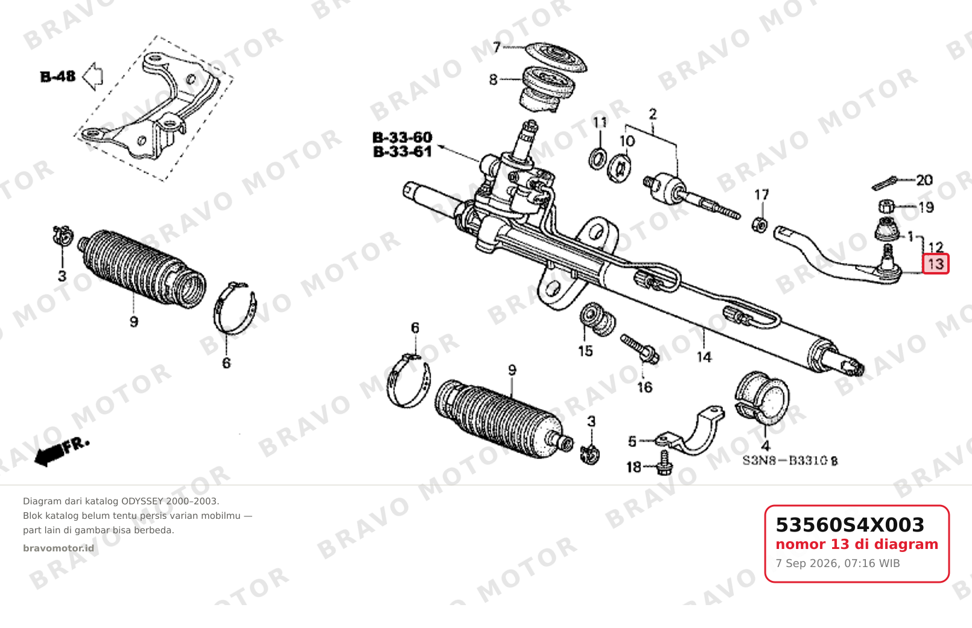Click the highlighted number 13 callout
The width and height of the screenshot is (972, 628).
[936, 264]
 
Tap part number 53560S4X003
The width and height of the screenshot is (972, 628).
[850, 525]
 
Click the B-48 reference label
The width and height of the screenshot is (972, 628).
[58, 77]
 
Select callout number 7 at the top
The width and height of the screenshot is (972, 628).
[497, 46]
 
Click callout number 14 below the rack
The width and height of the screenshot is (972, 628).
[704, 357]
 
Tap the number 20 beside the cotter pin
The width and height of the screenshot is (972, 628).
[924, 180]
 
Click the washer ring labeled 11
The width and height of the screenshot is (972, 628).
[598, 158]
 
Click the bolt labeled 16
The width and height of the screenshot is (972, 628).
[640, 349]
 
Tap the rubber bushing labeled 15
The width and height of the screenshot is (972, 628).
[597, 319]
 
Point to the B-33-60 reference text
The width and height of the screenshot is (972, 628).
[402, 138]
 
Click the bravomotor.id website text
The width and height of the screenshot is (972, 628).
[58, 548]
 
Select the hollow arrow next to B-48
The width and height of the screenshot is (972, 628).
[92, 77]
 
